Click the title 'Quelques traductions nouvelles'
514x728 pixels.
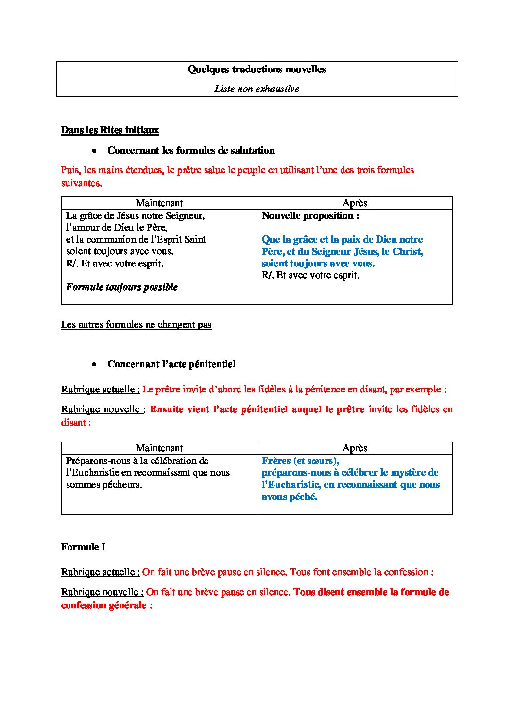(x=257, y=70)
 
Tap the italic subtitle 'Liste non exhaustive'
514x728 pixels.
(x=257, y=89)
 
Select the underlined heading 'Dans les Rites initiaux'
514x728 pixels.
(x=110, y=130)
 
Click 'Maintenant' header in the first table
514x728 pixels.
(x=159, y=203)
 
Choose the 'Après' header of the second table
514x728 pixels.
(x=355, y=448)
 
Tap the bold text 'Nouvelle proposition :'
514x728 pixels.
(x=310, y=216)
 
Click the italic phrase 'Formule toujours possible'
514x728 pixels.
(x=122, y=287)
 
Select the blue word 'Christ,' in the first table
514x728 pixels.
(x=408, y=252)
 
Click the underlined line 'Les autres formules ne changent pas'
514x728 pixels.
(x=136, y=325)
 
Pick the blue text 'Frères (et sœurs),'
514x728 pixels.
(x=300, y=461)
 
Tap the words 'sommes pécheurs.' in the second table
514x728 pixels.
(x=104, y=485)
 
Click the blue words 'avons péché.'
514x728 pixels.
(x=290, y=497)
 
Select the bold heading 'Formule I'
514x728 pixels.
(x=83, y=547)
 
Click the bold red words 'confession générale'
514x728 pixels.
(x=103, y=605)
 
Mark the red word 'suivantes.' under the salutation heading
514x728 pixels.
(x=81, y=183)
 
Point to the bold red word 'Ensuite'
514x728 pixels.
(x=167, y=409)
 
